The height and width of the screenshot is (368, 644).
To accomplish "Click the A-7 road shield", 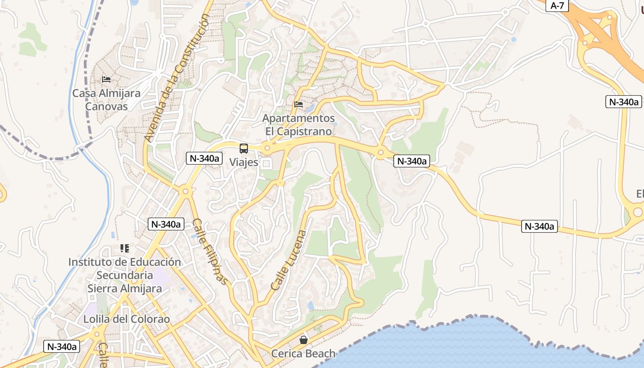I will click(x=557, y=6).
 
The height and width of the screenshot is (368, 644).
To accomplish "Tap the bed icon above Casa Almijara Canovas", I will click(x=106, y=79).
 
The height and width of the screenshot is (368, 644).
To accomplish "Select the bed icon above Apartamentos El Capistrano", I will click(x=299, y=104).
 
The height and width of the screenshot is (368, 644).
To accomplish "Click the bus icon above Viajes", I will click(x=244, y=149).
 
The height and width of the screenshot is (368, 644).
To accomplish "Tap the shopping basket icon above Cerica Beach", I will click(x=304, y=340).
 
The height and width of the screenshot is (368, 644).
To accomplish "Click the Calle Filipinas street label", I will click(x=210, y=251).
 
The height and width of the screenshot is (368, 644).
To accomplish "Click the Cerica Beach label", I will click(x=303, y=354).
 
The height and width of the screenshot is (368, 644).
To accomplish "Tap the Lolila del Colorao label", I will click(x=126, y=319).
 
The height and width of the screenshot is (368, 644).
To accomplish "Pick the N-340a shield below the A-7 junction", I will click(x=624, y=102).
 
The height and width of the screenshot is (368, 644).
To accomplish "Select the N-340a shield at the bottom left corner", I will click(x=62, y=346).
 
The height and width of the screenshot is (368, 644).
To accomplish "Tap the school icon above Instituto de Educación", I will click(x=124, y=248).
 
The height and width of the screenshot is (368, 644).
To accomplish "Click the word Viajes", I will click(x=244, y=162).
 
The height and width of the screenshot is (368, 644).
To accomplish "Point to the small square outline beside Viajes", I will click(x=266, y=163).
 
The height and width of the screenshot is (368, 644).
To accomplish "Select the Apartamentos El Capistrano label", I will click(x=299, y=125).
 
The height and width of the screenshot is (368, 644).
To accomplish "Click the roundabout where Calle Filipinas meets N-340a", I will click(x=185, y=191).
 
